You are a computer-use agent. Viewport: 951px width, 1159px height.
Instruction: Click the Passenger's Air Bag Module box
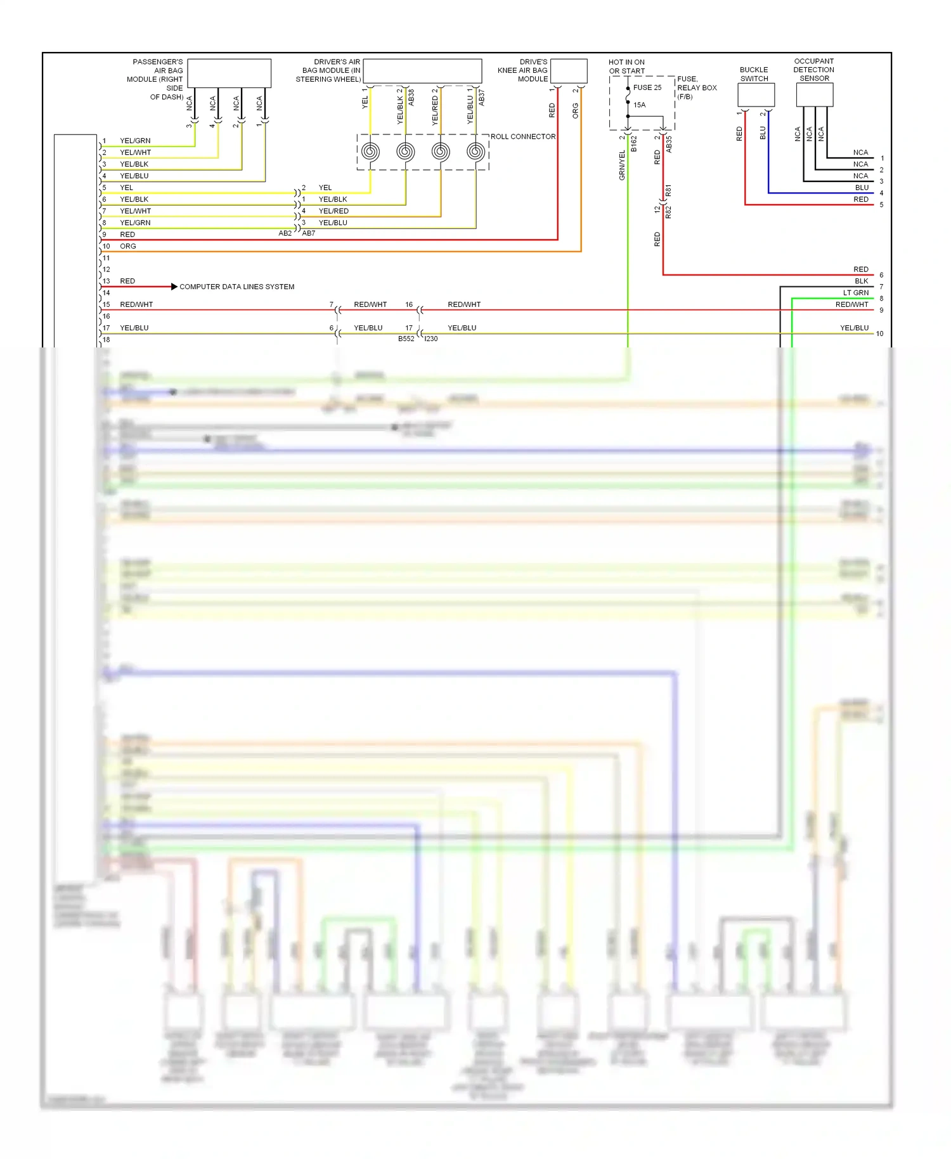click(x=229, y=73)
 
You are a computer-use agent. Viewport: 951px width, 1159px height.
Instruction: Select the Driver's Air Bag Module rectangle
click(x=422, y=71)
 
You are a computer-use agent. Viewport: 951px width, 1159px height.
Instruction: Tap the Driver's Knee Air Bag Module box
click(x=569, y=70)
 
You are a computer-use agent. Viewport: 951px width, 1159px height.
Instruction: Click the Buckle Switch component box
click(x=756, y=94)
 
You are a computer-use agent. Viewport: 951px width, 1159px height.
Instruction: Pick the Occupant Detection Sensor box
click(x=814, y=94)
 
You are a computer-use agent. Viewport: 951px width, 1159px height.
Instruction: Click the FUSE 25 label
click(x=647, y=87)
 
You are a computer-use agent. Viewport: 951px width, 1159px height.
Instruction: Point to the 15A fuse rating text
click(x=639, y=105)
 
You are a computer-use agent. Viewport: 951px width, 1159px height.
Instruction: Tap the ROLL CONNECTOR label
click(x=523, y=136)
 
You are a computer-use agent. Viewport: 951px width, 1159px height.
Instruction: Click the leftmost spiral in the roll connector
click(x=370, y=152)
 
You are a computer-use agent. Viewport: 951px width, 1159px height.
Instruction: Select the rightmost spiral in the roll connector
click(x=475, y=152)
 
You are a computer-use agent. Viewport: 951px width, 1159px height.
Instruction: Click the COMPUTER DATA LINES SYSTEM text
click(x=236, y=287)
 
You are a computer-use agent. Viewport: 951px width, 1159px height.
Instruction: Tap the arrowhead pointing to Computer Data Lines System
click(x=174, y=287)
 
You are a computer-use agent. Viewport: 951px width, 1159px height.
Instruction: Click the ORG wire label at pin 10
click(x=127, y=246)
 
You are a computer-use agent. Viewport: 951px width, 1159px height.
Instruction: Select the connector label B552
click(x=406, y=339)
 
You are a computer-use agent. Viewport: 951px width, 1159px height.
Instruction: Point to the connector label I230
click(x=431, y=339)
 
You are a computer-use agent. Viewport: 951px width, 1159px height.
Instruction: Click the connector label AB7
click(x=309, y=233)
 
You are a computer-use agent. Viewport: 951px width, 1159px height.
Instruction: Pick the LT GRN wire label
click(x=855, y=293)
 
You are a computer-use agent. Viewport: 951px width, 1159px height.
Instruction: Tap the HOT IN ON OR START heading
click(x=626, y=67)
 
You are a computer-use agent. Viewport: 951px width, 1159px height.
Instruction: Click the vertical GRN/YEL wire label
click(x=622, y=165)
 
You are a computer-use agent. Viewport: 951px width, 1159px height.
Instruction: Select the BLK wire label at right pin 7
click(x=861, y=281)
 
